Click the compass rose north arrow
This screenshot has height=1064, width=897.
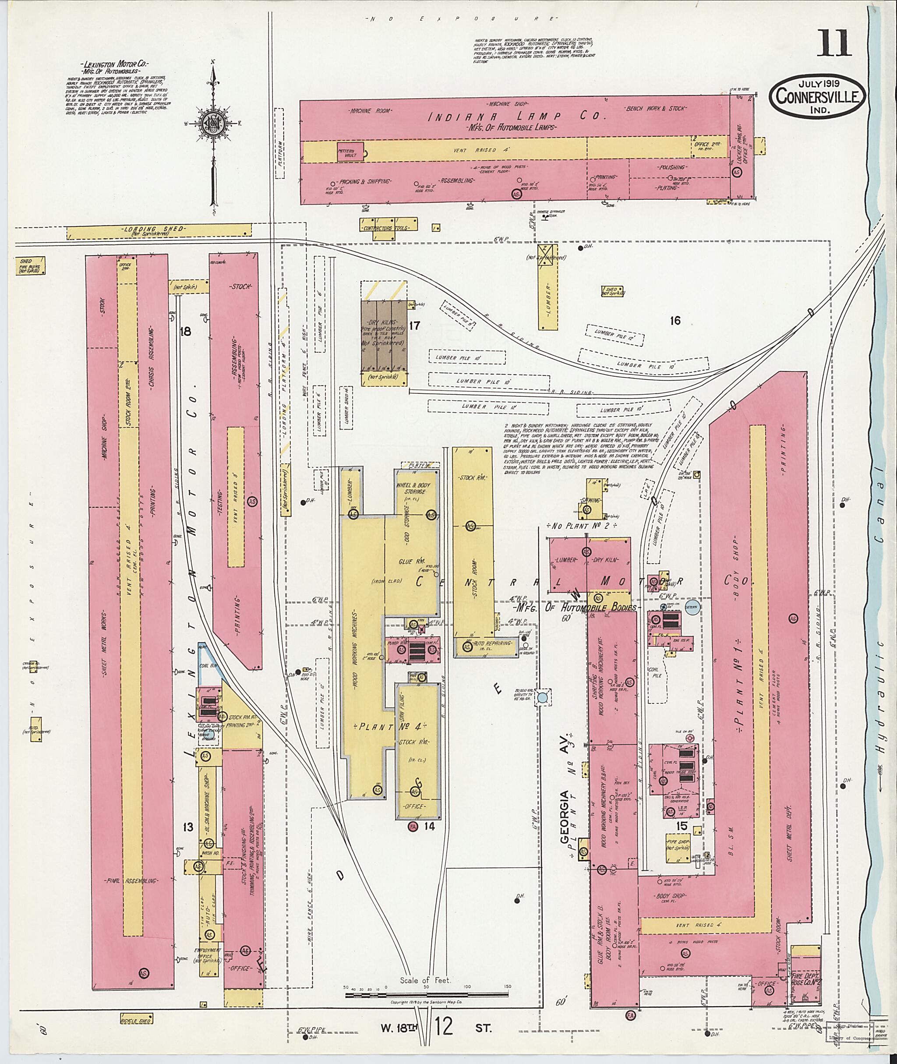click(x=213, y=124)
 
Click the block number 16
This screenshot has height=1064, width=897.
click(x=675, y=321)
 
